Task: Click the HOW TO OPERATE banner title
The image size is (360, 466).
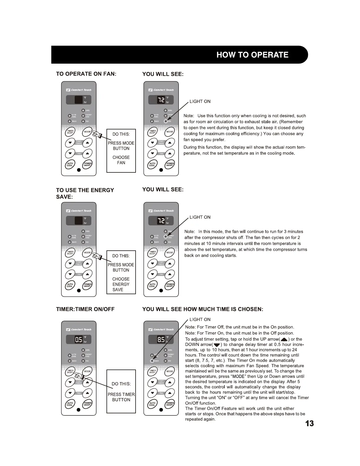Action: click(x=252, y=55)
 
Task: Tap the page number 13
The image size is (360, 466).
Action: click(x=309, y=424)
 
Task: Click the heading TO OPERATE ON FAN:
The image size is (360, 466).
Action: click(x=86, y=74)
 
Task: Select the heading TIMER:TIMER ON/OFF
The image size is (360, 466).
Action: click(x=85, y=309)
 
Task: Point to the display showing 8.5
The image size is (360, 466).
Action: click(x=161, y=340)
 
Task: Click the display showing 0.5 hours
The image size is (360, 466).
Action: click(x=79, y=340)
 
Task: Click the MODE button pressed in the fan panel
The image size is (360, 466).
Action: click(x=87, y=132)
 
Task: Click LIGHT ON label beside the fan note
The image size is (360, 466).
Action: click(x=200, y=101)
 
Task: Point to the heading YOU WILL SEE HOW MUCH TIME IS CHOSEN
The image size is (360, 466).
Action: click(x=203, y=309)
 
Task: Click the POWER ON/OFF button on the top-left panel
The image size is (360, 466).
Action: click(x=87, y=164)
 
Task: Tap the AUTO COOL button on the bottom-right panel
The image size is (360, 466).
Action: click(x=152, y=404)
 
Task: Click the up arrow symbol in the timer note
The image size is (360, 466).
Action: click(x=284, y=339)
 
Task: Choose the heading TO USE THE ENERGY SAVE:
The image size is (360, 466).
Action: click(x=85, y=194)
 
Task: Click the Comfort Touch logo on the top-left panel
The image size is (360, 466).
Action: click(x=79, y=90)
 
